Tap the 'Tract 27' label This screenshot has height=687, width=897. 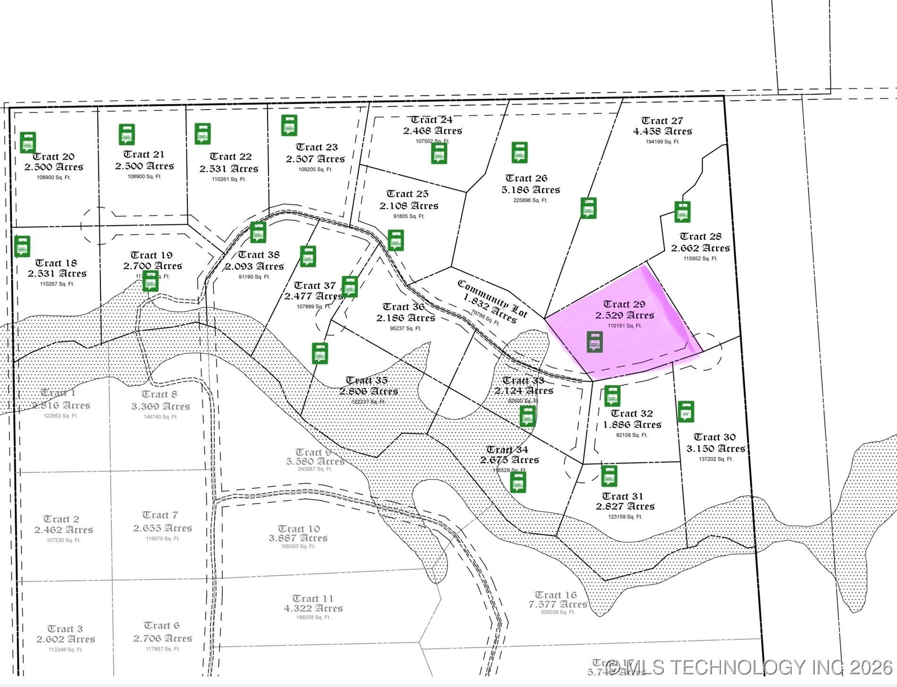coord(662,121)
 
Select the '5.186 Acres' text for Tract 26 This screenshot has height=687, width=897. coord(531,190)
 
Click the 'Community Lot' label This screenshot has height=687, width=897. coord(492,298)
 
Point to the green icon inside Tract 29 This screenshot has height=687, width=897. coord(595,342)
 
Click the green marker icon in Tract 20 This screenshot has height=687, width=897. coord(28,142)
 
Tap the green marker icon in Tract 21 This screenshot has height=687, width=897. coord(127,135)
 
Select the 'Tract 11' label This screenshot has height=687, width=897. coord(313,599)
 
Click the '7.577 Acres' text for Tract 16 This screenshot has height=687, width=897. coord(558,604)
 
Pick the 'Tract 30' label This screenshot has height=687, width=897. coord(714,437)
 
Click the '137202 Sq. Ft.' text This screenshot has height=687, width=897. coord(715,459)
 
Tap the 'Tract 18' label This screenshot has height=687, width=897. coord(56,263)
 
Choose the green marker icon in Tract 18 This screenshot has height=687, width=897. coord(22,246)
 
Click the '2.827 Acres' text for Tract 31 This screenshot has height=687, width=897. coord(625,507)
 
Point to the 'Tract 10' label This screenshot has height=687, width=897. coord(298,529)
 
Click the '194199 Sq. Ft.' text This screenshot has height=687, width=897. coord(662,142)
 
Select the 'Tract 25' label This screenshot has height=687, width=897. coord(407,194)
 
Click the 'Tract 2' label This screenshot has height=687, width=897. coord(61,519)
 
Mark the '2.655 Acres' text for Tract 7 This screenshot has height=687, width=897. coord(162,528)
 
